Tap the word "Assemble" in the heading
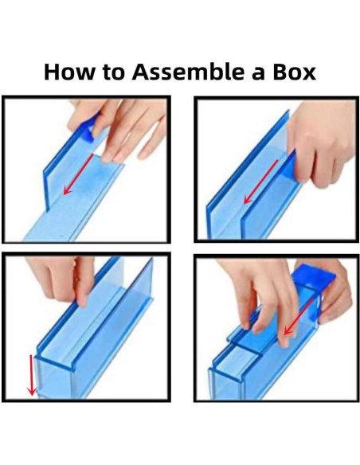pos(190,72)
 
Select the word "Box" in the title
pos(294,72)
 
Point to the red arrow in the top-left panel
pos(78,174)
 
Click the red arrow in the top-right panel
pos(260,182)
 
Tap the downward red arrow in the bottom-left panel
pos(31,375)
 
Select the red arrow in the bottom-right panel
pos(299,317)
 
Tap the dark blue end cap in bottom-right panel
pos(314,275)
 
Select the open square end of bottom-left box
pos(53,377)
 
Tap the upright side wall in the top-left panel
pos(69,160)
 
